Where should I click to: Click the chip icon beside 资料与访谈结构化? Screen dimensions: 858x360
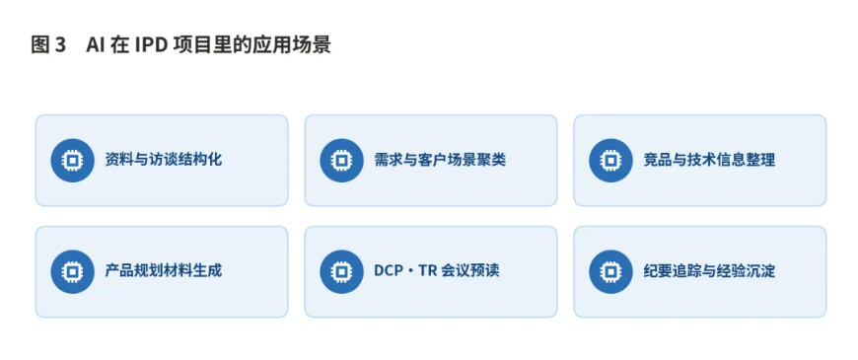72,161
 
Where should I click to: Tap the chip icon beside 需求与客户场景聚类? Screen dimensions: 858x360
341,161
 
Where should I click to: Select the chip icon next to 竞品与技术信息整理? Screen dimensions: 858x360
610,161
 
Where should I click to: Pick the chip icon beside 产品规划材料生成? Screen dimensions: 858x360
72,271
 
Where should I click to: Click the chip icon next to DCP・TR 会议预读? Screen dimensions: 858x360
341,271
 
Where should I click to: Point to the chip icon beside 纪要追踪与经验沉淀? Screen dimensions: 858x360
610,271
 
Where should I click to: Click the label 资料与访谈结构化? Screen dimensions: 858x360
164,160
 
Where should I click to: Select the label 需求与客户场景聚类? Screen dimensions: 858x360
440,160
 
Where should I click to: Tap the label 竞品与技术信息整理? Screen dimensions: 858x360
709,160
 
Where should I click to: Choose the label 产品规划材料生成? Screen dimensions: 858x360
164,271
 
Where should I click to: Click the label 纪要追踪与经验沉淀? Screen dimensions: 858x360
709,271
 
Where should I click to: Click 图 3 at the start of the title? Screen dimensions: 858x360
48,45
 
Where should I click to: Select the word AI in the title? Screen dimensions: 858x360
95,45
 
